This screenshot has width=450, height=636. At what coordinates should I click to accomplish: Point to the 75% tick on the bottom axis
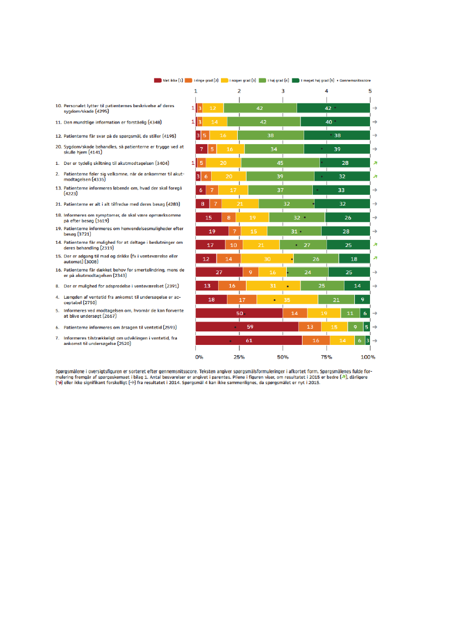[x=326, y=357]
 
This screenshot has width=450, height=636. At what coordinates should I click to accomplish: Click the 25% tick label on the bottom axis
[x=238, y=357]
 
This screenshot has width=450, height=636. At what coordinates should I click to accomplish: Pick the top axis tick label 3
[x=283, y=91]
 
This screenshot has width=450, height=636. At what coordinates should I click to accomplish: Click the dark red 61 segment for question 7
[x=249, y=341]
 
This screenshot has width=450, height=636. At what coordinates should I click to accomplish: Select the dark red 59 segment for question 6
[x=246, y=327]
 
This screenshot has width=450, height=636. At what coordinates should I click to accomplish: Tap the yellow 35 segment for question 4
[x=287, y=299]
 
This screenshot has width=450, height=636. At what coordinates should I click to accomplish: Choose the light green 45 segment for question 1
[x=280, y=163]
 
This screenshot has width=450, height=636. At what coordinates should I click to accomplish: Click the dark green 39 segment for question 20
[x=337, y=149]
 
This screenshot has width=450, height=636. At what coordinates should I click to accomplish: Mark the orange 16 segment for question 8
[x=232, y=286]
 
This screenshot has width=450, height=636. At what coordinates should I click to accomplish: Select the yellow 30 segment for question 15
[x=267, y=258]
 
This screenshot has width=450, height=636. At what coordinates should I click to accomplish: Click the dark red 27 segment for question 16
[x=219, y=272]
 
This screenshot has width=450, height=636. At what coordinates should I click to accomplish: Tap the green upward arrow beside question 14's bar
[x=375, y=245]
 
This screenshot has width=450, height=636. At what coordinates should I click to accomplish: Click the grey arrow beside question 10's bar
[x=375, y=108]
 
